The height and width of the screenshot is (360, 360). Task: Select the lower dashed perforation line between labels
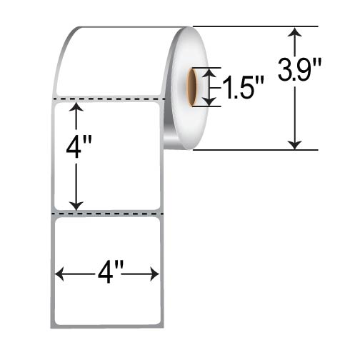pyautogui.click(x=109, y=213)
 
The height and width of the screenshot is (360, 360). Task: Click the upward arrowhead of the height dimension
pyautogui.click(x=76, y=108)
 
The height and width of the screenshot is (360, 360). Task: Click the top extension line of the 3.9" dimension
pyautogui.click(x=250, y=27)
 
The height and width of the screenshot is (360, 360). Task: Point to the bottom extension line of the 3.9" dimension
pyautogui.click(x=250, y=150)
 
